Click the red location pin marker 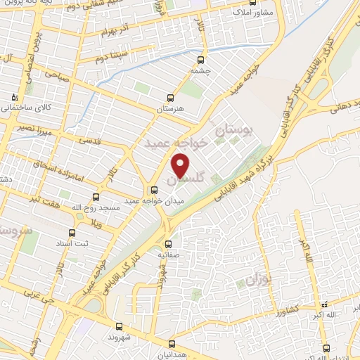181,167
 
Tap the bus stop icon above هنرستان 169,98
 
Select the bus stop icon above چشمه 202,60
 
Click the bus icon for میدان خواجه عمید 155,189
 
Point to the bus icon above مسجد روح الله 96,198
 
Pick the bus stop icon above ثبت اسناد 71,232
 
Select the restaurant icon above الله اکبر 323,305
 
